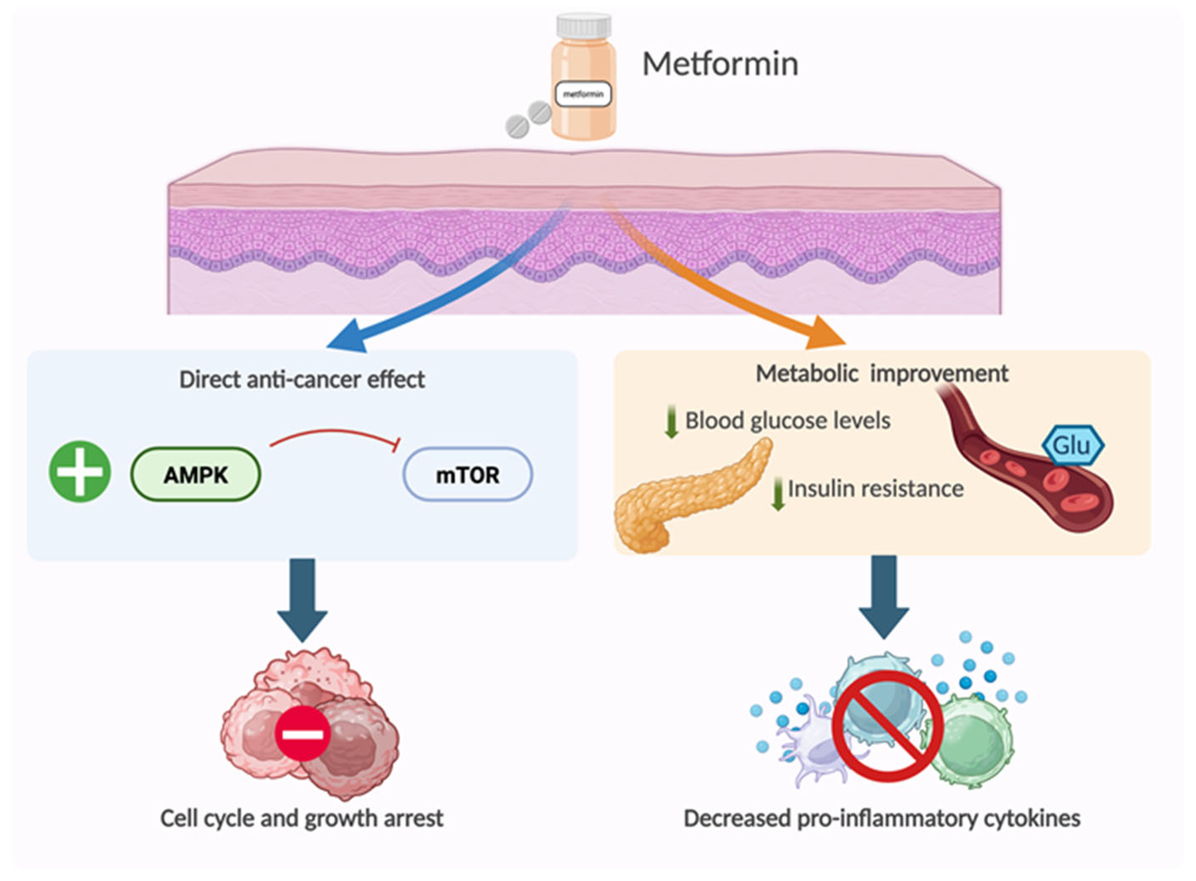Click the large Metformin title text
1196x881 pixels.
pyautogui.click(x=720, y=64)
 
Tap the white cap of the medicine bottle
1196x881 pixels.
pyautogui.click(x=584, y=27)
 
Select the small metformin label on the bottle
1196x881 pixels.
pyautogui.click(x=583, y=94)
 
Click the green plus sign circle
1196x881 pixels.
pyautogui.click(x=80, y=471)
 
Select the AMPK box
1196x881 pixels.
pyautogui.click(x=196, y=474)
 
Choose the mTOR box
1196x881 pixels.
pyautogui.click(x=468, y=474)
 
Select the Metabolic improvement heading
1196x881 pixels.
pyautogui.click(x=882, y=373)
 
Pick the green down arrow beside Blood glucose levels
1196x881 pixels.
pyautogui.click(x=671, y=421)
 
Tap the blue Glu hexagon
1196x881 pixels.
pyautogui.click(x=1073, y=445)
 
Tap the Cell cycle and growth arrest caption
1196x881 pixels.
pyautogui.click(x=302, y=818)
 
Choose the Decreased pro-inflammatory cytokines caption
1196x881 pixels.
pyautogui.click(x=882, y=818)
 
